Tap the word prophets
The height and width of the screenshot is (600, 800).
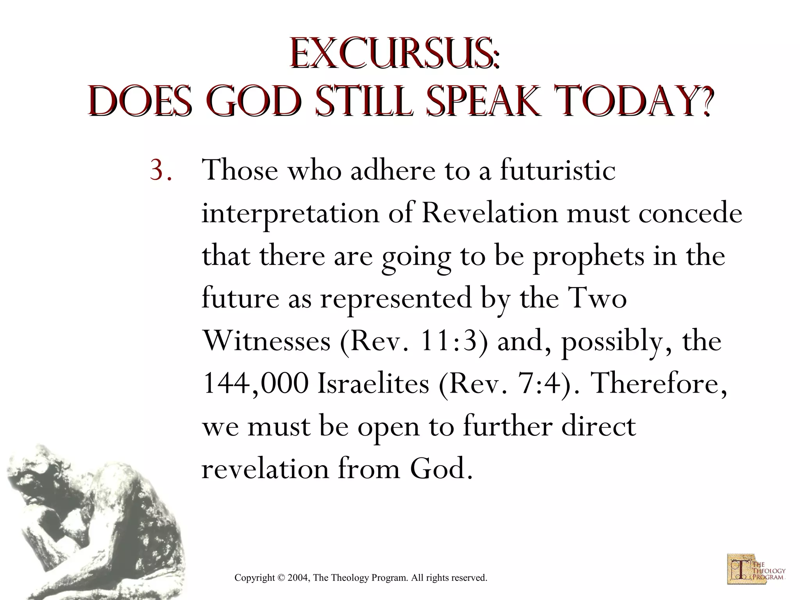tap(589, 256)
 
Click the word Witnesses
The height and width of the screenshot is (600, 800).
tap(267, 341)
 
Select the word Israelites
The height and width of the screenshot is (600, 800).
tap(373, 384)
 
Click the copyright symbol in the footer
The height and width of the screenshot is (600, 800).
tap(281, 578)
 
